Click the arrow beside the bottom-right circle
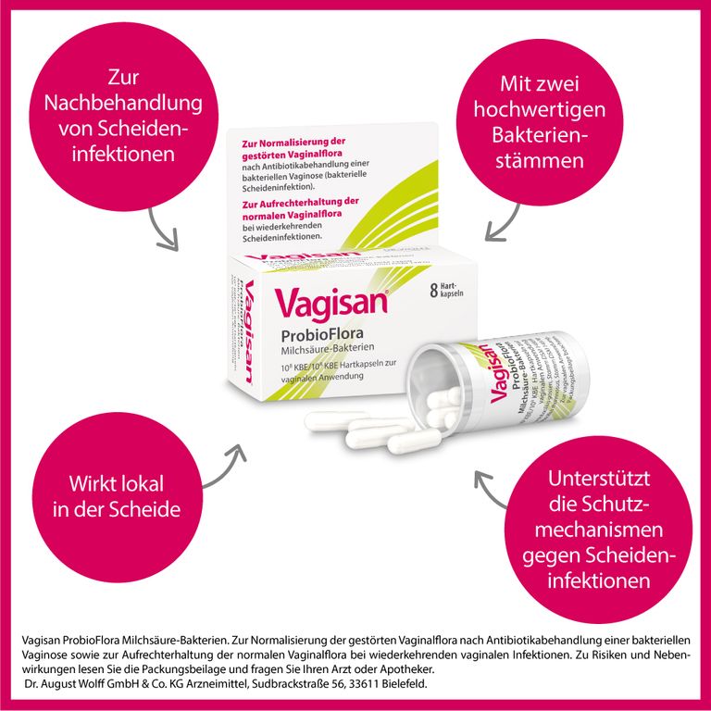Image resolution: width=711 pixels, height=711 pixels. click(491, 491)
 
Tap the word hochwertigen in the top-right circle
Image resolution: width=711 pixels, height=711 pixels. click(553, 110)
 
